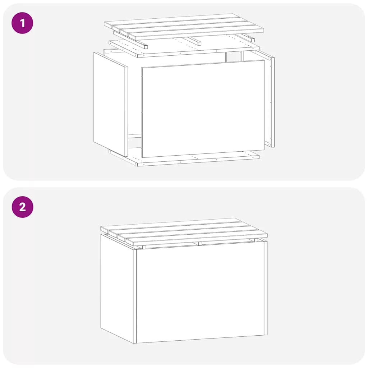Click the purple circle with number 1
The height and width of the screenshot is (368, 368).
pos(22,23)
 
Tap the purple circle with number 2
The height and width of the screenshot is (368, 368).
pos(23,207)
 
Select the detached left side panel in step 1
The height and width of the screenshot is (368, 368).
pos(111,104)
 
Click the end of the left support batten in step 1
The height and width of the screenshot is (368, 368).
pos(146,46)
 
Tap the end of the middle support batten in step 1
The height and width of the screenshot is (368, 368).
pos(199,43)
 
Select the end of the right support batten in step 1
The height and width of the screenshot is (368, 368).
pos(253,40)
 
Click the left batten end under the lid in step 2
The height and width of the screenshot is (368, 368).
pos(144,247)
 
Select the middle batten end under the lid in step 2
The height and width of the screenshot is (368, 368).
pos(200,244)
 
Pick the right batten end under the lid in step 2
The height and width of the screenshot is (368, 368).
pos(256,240)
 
